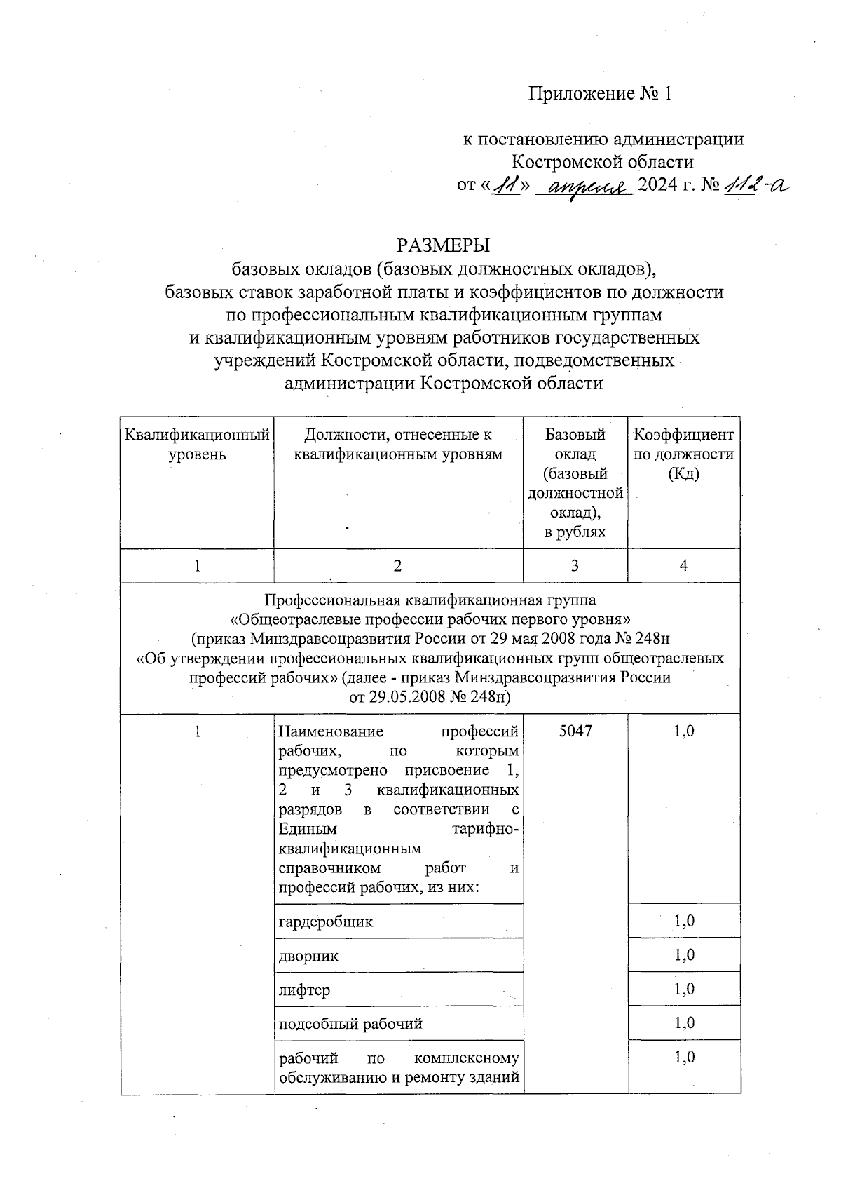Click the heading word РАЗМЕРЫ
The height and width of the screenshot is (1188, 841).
pos(443,246)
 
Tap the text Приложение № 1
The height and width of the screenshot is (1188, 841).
pos(601,94)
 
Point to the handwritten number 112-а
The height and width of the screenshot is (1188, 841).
pos(757,185)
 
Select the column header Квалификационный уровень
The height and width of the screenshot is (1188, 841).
pos(197,445)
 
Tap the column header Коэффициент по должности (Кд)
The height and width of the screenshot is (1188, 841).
pos(683,454)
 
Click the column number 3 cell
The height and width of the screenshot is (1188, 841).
pos(575,566)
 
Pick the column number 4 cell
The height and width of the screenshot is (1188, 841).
pos(683,566)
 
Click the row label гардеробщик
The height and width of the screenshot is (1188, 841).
pos(326,922)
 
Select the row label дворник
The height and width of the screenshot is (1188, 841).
pos(309,956)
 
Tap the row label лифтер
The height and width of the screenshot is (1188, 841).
pos(305,990)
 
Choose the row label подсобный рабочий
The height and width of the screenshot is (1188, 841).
pos(350,1024)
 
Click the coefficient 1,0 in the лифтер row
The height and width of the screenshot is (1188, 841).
pos(684,990)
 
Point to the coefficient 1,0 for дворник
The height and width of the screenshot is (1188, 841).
pos(684,955)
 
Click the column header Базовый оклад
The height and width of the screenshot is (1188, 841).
pos(575,445)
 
